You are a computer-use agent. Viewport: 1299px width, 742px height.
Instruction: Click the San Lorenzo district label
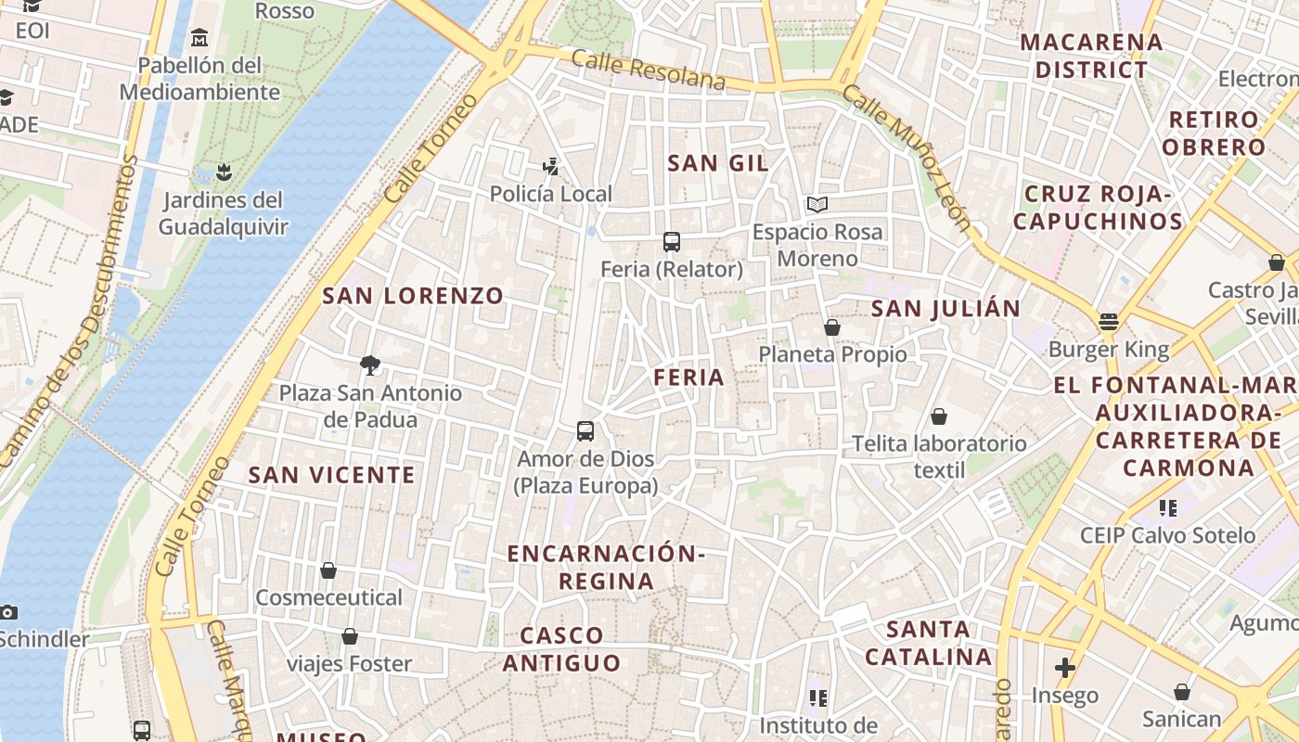click(413, 297)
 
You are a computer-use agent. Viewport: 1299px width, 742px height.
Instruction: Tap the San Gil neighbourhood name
click(718, 163)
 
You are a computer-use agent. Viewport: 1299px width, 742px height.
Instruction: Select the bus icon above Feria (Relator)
click(672, 242)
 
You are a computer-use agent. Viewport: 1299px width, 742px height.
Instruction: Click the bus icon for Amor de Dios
click(585, 431)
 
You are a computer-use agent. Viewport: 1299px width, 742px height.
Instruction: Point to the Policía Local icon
click(551, 167)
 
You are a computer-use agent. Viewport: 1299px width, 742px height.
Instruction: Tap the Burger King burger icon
click(1109, 322)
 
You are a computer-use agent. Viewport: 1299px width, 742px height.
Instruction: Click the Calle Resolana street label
click(649, 71)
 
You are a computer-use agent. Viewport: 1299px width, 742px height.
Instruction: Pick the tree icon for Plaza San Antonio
click(370, 365)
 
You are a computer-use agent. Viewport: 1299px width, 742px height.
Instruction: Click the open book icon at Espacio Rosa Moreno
click(817, 204)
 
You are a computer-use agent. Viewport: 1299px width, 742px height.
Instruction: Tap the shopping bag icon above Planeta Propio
click(832, 327)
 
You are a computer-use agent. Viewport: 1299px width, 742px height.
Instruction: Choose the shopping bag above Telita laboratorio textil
click(939, 416)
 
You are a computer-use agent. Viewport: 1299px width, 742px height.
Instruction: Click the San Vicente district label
click(331, 475)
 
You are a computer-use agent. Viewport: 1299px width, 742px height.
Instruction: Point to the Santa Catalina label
click(928, 643)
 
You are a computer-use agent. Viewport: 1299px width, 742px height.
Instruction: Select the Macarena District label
click(1091, 56)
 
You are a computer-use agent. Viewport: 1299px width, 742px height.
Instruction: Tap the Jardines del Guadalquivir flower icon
click(223, 172)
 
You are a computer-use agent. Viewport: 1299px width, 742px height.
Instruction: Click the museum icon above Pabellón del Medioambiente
click(199, 38)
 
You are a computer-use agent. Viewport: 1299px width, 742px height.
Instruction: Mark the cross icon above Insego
click(1065, 668)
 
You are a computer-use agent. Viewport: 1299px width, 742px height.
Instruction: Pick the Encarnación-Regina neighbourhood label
click(606, 567)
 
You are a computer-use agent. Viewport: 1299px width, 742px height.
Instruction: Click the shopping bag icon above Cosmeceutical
click(328, 570)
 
